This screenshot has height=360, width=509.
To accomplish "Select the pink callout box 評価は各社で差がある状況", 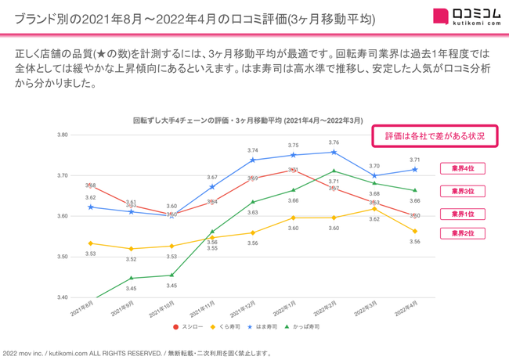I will [435, 136].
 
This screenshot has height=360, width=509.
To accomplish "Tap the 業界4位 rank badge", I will [462, 169].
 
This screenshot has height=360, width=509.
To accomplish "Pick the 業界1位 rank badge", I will [462, 214].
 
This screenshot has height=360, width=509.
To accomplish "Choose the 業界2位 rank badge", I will [462, 233].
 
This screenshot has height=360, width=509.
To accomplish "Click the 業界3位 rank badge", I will [462, 192].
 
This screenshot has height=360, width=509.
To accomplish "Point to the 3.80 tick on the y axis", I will [62, 135].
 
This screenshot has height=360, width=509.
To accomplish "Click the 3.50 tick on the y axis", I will [62, 257].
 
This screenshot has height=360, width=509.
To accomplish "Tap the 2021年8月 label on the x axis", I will [82, 308].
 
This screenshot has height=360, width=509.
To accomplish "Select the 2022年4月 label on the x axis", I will [406, 308].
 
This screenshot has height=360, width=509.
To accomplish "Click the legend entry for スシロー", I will [188, 327].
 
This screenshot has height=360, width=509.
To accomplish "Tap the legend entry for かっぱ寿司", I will [301, 327].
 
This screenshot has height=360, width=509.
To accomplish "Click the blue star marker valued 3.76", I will [334, 152].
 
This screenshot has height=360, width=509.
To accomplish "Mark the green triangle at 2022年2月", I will [334, 171].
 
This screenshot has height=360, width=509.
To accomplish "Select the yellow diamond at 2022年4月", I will [415, 232].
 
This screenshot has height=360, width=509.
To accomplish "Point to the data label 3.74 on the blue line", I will [252, 150].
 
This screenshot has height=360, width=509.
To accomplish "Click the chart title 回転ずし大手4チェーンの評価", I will [247, 121].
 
